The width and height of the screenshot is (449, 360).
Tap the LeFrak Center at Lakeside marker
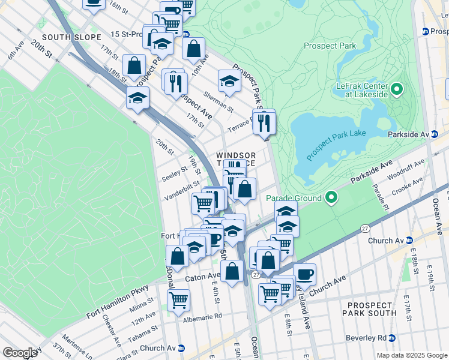pos(396,91)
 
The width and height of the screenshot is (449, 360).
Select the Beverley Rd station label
pos(365,338)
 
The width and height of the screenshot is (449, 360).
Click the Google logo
pos(20,352)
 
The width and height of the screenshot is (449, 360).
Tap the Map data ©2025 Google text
pos(411,355)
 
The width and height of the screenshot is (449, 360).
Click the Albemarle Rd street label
pos(202,316)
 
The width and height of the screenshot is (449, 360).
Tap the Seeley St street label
pos(175,176)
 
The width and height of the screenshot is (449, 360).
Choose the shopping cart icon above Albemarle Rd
pos(178,299)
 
